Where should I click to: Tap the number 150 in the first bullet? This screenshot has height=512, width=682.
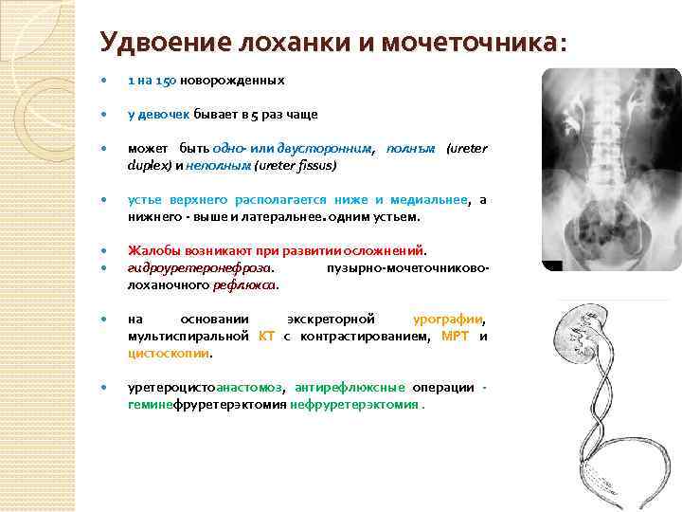tap(167, 82)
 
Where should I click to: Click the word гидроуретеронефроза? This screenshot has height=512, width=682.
tap(200, 268)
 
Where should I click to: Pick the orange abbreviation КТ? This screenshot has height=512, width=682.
tap(266, 336)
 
